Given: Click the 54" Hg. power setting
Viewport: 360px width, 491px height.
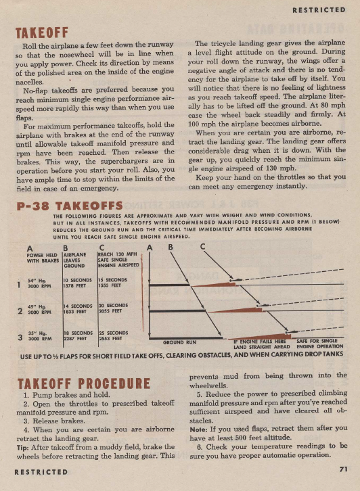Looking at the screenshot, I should (x=37, y=281).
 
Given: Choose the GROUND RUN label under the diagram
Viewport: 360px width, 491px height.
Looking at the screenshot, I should (x=179, y=342).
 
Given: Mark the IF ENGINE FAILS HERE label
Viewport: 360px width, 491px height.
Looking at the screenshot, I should (x=256, y=342).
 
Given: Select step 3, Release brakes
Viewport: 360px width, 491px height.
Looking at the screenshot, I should (x=59, y=419).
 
